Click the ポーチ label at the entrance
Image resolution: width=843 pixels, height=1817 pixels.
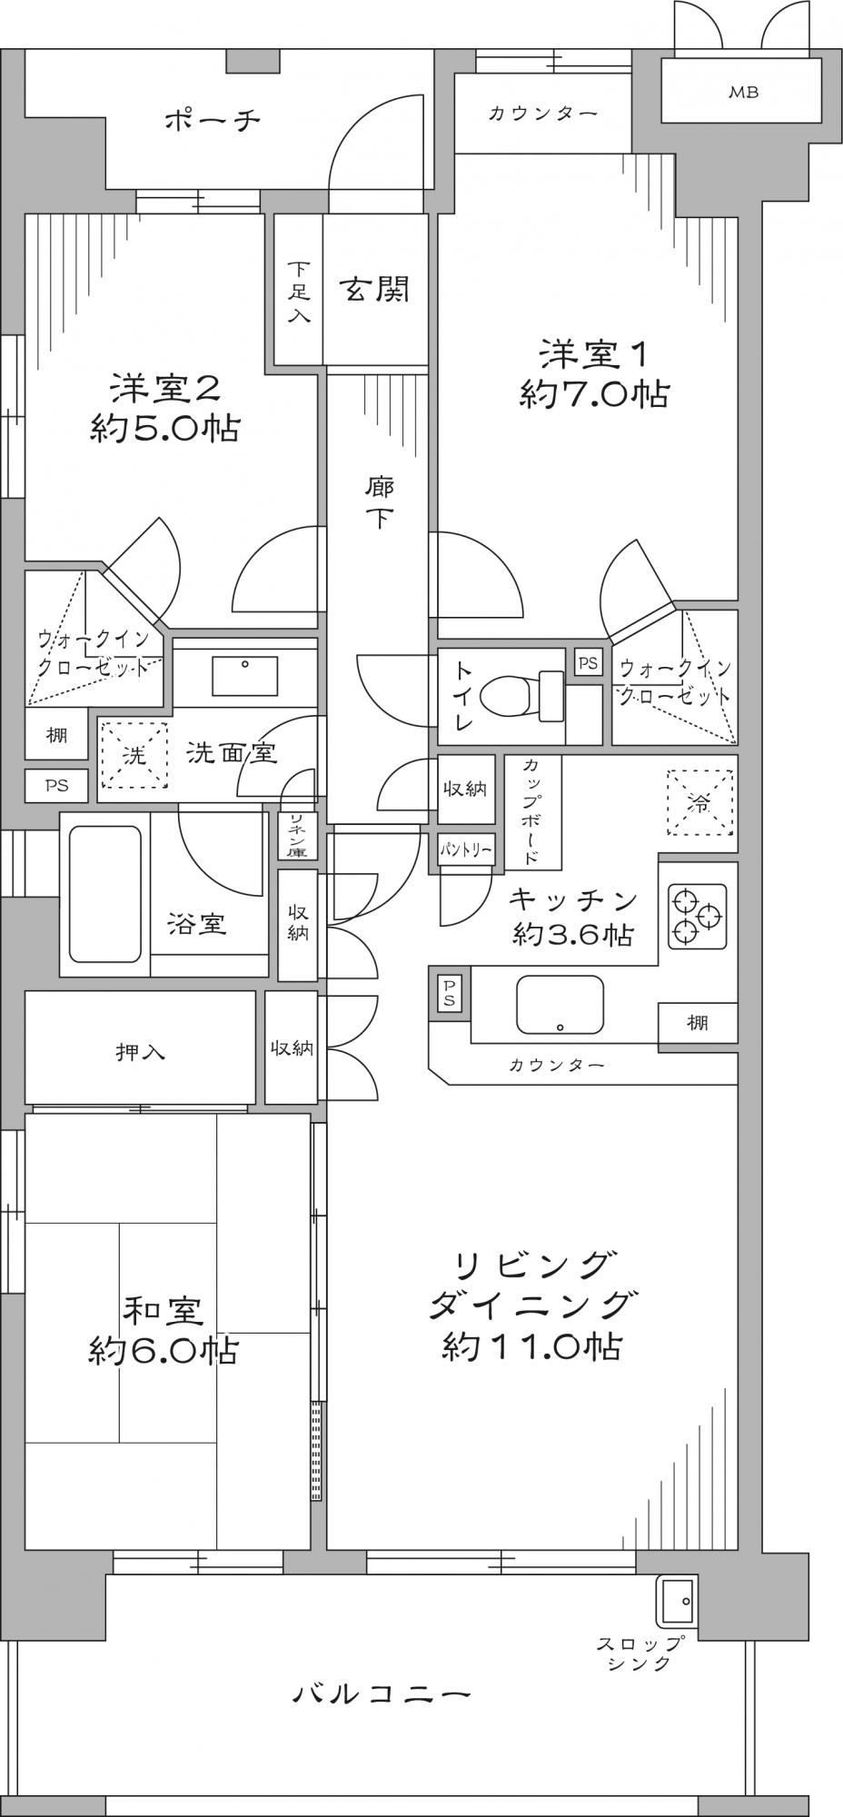tap(212, 120)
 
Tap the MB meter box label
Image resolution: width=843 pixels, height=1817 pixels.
tap(743, 92)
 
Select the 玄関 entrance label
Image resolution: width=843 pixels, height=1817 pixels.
tap(375, 289)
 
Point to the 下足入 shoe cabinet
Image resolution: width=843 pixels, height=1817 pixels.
tap(298, 291)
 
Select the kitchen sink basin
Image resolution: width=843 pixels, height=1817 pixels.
tap(560, 1005)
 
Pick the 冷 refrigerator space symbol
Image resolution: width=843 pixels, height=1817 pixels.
tap(699, 802)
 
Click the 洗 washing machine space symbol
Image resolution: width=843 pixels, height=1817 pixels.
tap(134, 754)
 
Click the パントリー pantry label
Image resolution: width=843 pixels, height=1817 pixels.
tap(466, 849)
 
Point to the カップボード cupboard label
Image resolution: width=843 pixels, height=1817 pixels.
tap(531, 811)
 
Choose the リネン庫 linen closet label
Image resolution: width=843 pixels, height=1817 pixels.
tap(296, 835)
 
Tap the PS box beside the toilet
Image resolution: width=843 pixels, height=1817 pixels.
tap(588, 662)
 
